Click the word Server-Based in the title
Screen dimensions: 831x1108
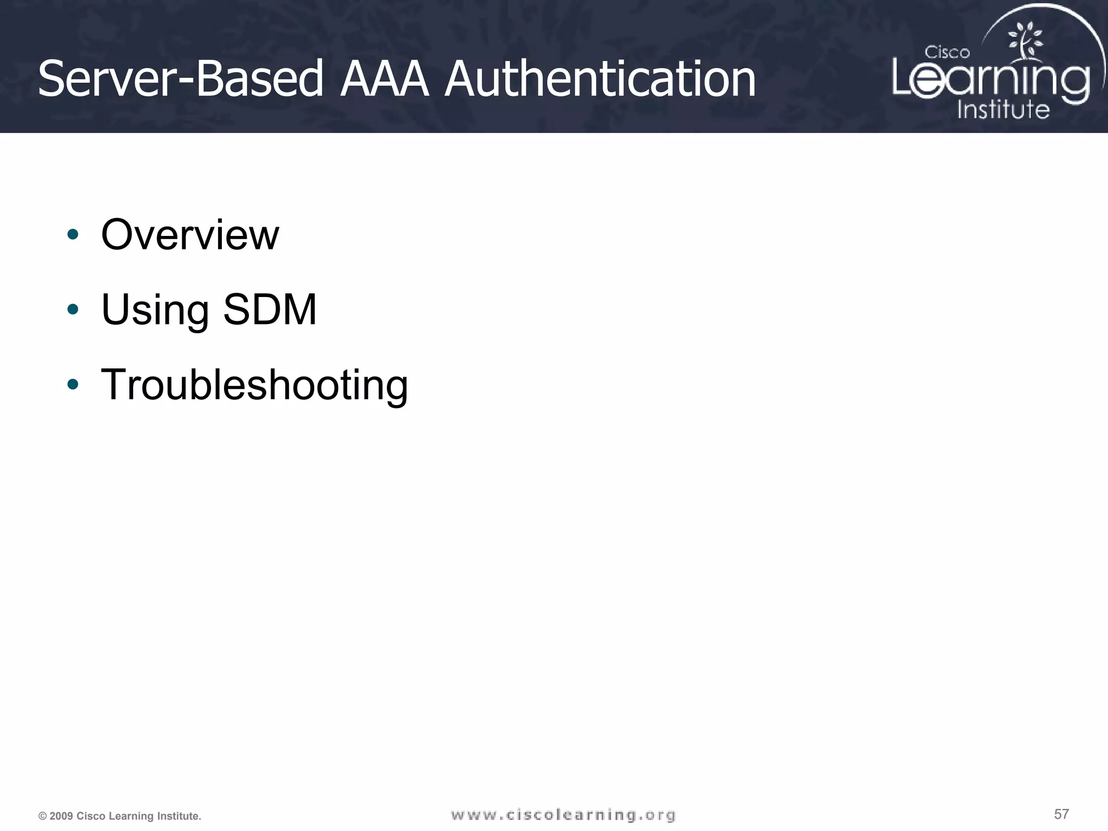[x=181, y=80]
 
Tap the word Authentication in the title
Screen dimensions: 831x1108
[x=600, y=80]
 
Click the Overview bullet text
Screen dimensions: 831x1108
[x=190, y=235]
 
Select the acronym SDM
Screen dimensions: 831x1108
[x=269, y=309]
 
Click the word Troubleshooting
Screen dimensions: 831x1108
[x=254, y=385]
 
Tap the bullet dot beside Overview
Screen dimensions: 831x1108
[x=72, y=235]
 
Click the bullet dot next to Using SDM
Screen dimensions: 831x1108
[x=72, y=309]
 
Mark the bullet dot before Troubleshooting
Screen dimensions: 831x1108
[x=72, y=384]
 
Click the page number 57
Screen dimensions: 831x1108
[x=1061, y=814]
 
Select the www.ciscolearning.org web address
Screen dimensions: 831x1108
[x=563, y=815]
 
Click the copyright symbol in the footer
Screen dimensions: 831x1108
[x=42, y=816]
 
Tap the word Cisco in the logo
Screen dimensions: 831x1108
[x=947, y=52]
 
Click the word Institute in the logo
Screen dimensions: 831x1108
[x=1003, y=109]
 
